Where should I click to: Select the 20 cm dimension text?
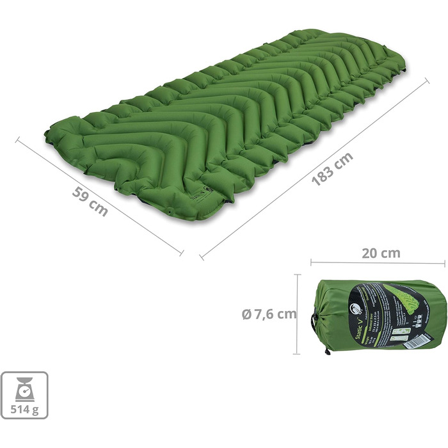(381, 252)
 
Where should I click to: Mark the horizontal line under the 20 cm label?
(378, 262)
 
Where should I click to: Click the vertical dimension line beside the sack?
(298, 314)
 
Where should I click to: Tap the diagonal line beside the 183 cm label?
(314, 169)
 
